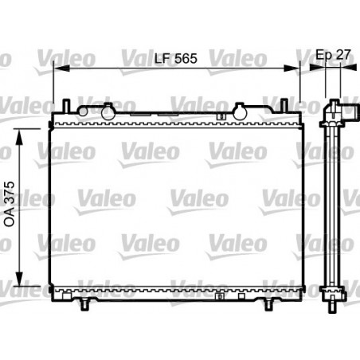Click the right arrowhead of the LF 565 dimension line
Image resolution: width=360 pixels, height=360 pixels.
click(295, 69)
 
